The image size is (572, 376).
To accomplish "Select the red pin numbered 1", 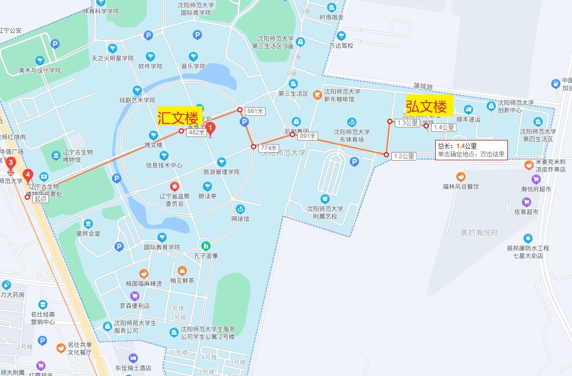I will point(211,128).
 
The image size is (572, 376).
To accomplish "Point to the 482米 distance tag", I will point(196,132).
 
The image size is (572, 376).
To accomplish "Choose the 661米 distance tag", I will point(255,111).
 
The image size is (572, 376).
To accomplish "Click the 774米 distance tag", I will point(269,148).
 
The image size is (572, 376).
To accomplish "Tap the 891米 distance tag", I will point(307,136).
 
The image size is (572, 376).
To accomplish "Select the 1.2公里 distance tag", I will point(404,156).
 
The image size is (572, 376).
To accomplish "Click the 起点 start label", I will point(41,199).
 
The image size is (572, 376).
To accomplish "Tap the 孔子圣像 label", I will point(205,256).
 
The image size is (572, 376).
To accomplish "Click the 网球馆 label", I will point(240,219).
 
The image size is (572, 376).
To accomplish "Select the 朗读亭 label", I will point(207,196).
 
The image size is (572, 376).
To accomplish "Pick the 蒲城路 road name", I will point(423,86).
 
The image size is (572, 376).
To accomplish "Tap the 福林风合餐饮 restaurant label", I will point(460,186).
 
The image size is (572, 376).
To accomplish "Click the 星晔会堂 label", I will point(88,233).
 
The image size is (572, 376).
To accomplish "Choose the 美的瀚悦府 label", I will point(479,232).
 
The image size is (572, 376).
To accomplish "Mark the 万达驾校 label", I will point(341,45).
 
